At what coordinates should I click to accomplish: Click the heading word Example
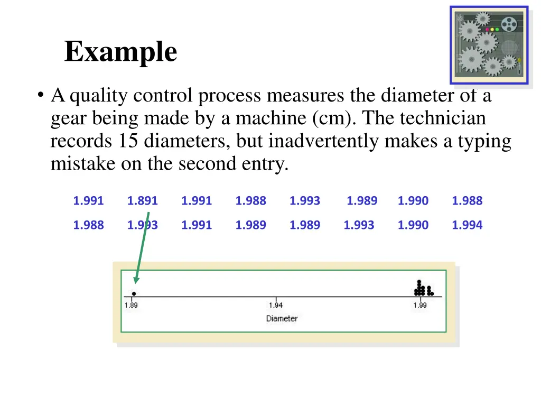tap(120, 52)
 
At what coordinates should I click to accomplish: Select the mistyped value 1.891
tap(142, 201)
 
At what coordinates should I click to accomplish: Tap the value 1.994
tap(467, 225)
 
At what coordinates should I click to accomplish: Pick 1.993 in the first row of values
tap(304, 201)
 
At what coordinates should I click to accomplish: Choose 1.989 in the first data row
tap(361, 201)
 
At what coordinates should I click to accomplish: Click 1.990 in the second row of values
tap(413, 225)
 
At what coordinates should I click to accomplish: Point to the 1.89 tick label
tap(131, 306)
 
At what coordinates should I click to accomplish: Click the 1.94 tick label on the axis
tap(276, 306)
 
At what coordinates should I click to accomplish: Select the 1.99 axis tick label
tap(420, 306)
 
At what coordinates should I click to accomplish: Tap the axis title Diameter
tap(282, 319)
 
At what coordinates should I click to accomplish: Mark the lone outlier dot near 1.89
tap(134, 293)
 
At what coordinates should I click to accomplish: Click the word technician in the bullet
tap(443, 118)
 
